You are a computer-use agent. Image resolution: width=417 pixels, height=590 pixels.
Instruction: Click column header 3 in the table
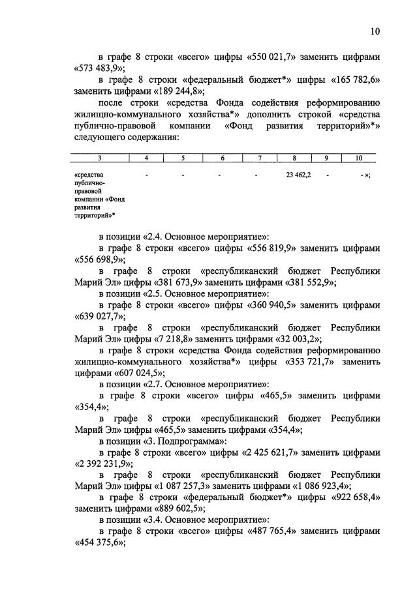99,157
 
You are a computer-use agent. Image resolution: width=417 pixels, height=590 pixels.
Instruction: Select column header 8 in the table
294,157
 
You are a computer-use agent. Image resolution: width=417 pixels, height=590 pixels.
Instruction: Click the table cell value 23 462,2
298,175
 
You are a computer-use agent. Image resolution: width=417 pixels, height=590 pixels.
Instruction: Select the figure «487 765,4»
276,531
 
